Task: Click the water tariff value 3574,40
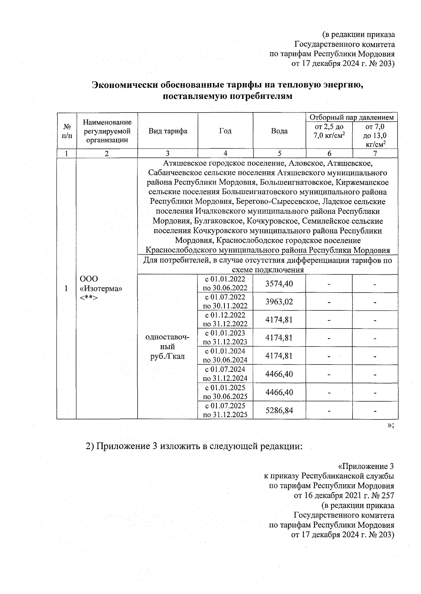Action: pyautogui.click(x=279, y=284)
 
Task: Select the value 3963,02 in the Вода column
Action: pyautogui.click(x=279, y=302)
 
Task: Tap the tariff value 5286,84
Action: pyautogui.click(x=279, y=410)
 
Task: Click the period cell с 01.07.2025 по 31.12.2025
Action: pyautogui.click(x=225, y=410)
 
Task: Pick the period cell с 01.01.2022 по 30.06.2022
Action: pyautogui.click(x=225, y=284)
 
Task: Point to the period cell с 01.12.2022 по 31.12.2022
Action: pyautogui.click(x=225, y=320)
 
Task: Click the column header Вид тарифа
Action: pyautogui.click(x=168, y=131)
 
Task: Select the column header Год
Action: pyautogui.click(x=225, y=131)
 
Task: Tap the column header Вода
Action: pyautogui.click(x=279, y=131)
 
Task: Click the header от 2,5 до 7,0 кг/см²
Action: pyautogui.click(x=329, y=131)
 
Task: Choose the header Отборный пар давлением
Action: pyautogui.click(x=352, y=117)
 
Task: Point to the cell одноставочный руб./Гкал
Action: pyautogui.click(x=167, y=347)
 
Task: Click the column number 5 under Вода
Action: pyautogui.click(x=279, y=153)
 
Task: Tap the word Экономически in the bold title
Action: pyautogui.click(x=125, y=85)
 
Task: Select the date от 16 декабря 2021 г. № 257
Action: pyautogui.click(x=344, y=496)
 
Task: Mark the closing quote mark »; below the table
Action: pyautogui.click(x=390, y=425)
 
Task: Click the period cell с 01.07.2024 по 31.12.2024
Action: pyautogui.click(x=225, y=374)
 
